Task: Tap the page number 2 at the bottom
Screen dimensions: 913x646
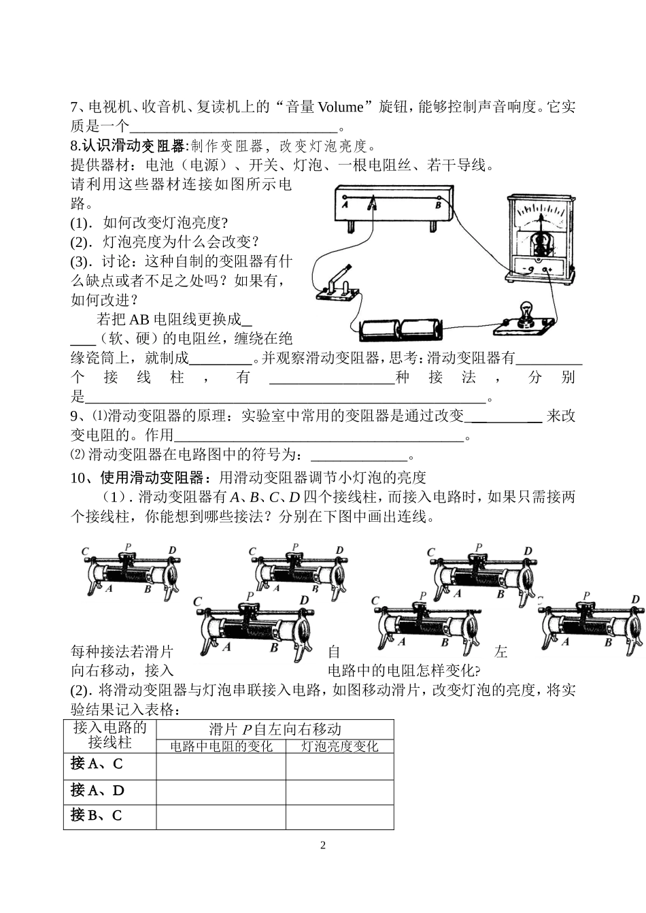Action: [x=323, y=846]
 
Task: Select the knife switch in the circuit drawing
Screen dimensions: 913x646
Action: [x=338, y=286]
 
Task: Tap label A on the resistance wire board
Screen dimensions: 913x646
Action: [x=345, y=203]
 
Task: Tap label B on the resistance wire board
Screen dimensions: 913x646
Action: [x=438, y=204]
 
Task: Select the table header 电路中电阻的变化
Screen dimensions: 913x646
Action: [x=221, y=746]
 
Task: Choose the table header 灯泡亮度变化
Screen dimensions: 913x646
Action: [x=339, y=746]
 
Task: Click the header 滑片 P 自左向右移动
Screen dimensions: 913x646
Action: [x=275, y=729]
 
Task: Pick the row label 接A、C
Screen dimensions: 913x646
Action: [x=97, y=764]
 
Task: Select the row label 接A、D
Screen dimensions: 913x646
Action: [x=97, y=791]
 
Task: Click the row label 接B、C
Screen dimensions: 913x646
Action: [x=97, y=815]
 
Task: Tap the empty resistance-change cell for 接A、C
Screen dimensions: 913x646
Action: [x=221, y=765]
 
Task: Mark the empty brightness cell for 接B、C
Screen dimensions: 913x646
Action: [x=339, y=816]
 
